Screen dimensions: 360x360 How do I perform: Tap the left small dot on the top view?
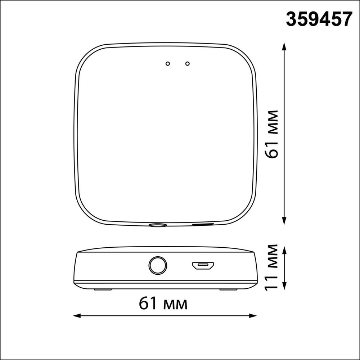coord(167,64)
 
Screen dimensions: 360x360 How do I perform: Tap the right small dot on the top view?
coord(187,64)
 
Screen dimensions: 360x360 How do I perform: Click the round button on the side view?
coord(158,266)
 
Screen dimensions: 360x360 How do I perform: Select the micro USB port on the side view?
coord(203,266)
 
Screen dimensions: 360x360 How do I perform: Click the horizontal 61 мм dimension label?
coord(163,304)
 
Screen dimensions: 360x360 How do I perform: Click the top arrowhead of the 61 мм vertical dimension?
coord(284,46)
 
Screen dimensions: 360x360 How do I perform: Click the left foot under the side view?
coord(102,289)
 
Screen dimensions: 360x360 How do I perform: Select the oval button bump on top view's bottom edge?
coord(158,225)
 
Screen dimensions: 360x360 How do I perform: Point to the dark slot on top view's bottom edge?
coord(203,224)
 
